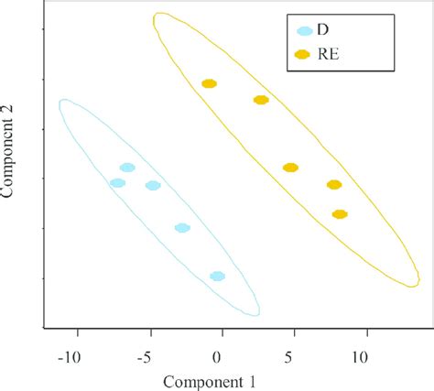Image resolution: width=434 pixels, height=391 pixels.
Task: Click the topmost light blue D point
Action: coord(127,168)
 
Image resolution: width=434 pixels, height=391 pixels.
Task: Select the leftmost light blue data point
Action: coord(117,183)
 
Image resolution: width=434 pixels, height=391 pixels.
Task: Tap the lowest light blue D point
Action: coord(217,276)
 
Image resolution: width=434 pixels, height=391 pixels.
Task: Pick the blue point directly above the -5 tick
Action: coord(153,186)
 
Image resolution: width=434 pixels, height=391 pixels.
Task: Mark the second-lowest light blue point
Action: coord(182,228)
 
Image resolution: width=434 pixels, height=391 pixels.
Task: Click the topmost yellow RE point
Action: coord(209,84)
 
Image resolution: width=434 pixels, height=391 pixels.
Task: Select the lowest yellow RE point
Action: coord(340,214)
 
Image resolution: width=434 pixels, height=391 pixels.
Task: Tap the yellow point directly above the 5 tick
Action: coord(290,168)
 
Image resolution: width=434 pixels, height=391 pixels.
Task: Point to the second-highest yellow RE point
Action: coord(261,100)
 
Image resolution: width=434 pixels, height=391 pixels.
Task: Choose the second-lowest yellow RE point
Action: coord(333,185)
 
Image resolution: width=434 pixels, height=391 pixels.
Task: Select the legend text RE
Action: coord(328,56)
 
